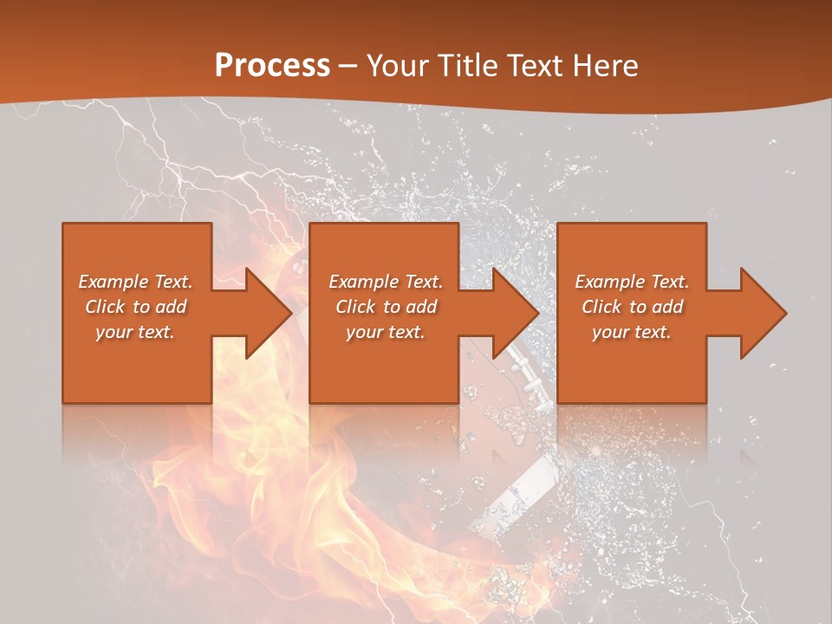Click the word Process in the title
tap(272, 65)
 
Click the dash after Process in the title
tap(348, 66)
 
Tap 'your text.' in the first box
tap(135, 332)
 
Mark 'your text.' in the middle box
tap(385, 332)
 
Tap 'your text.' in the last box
tap(631, 332)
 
